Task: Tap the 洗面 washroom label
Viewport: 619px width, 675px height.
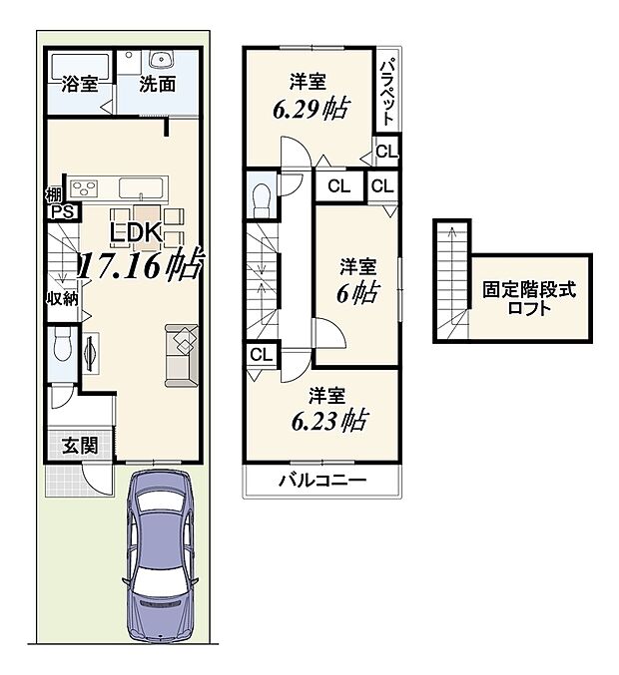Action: [x=159, y=85]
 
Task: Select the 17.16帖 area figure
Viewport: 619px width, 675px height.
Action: [x=141, y=265]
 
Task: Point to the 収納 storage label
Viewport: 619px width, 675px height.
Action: [x=60, y=297]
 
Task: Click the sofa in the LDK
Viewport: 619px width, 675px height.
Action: [x=181, y=353]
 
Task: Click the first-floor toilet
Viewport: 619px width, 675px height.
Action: [x=62, y=349]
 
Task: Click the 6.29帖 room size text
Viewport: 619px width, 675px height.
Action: [x=310, y=109]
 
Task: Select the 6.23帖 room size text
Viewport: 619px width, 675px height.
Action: [x=327, y=420]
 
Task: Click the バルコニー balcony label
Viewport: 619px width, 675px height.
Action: [x=321, y=482]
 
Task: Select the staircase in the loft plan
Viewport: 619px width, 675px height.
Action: [x=452, y=284]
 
